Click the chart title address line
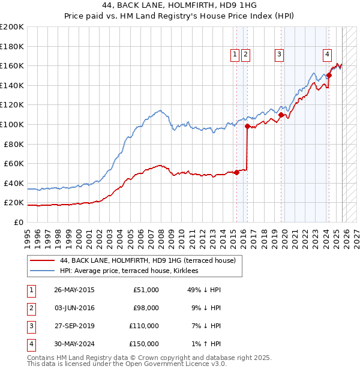point(180,5)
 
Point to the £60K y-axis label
point(14,163)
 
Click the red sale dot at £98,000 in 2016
point(247,126)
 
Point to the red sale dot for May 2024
point(329,76)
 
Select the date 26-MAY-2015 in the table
point(74,290)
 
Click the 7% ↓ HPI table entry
point(204,326)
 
